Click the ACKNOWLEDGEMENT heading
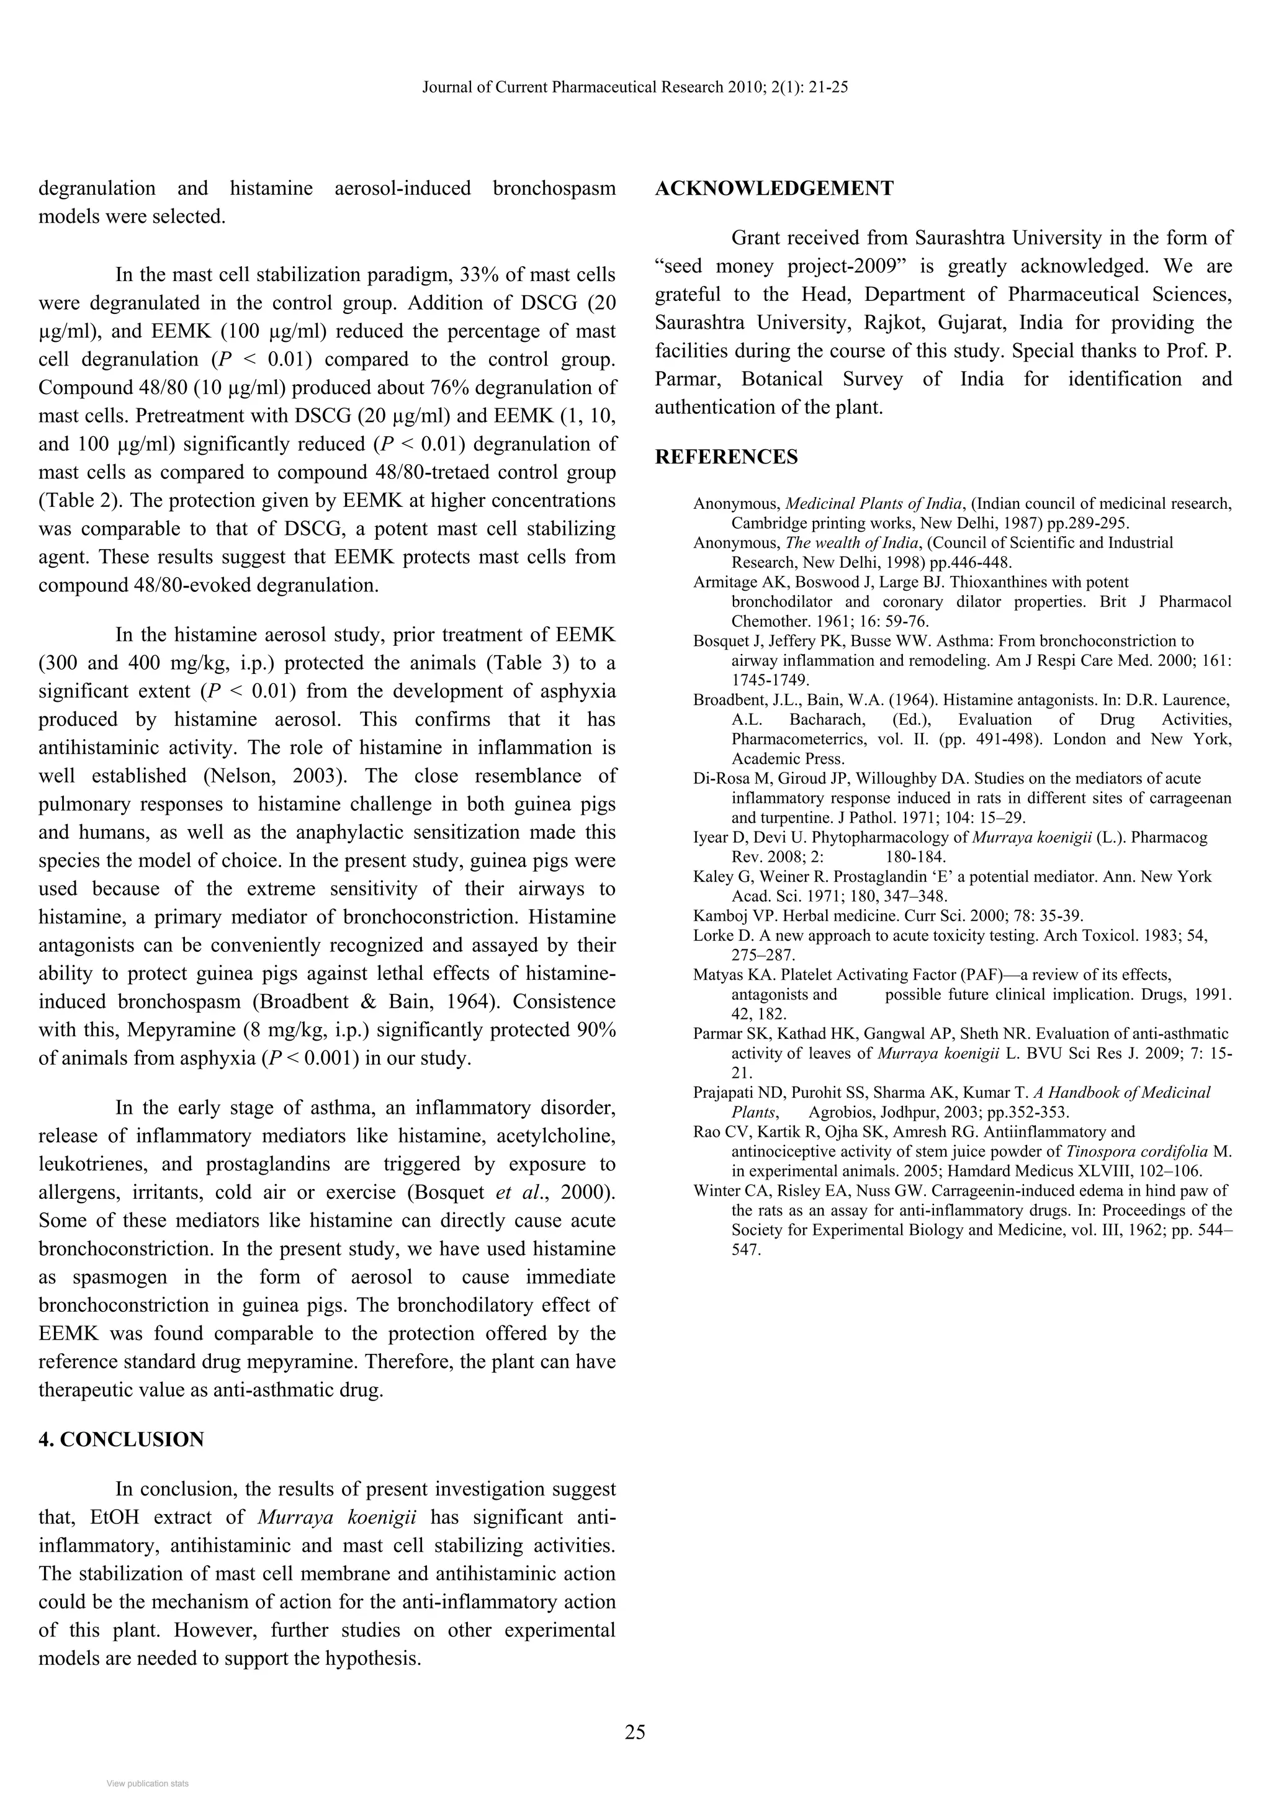pyautogui.click(x=773, y=189)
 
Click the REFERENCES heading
pyautogui.click(x=725, y=457)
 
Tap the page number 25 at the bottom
pyautogui.click(x=635, y=1732)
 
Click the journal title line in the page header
pyautogui.click(x=635, y=87)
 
